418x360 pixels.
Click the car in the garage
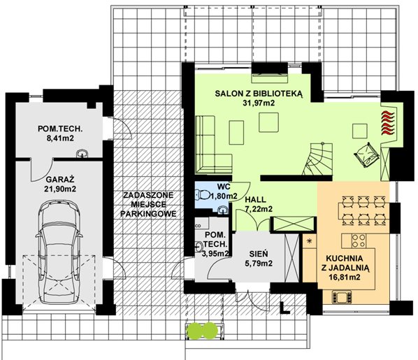59,252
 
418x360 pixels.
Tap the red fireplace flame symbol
387,122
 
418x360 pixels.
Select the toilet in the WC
202,194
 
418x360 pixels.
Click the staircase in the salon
318,159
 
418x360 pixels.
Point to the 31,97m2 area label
259,103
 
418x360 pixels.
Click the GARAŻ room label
59,179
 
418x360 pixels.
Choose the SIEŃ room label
259,254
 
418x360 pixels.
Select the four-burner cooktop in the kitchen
359,240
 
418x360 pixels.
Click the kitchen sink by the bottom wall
342,297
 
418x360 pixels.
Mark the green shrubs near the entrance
203,331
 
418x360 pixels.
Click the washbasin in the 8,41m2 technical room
82,154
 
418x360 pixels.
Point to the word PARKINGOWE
148,214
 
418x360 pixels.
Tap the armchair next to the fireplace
366,154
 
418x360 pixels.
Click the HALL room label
256,199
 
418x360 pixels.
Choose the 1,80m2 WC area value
224,196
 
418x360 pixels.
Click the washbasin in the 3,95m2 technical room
199,246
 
